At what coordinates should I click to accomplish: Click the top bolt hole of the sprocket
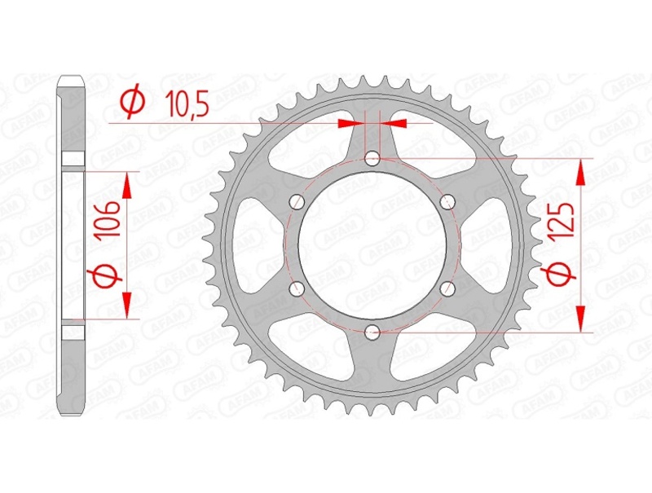coord(372,157)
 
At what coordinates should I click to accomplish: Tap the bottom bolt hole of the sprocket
coord(372,331)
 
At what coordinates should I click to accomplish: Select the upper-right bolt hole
coord(447,201)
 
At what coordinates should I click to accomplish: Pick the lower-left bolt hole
coord(297,287)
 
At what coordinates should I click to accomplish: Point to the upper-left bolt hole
coord(297,201)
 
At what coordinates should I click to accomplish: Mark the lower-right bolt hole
coord(447,287)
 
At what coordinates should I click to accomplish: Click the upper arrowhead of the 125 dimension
coord(581,171)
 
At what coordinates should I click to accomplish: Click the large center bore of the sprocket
coord(372,244)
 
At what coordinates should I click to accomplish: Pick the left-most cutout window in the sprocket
coord(253,244)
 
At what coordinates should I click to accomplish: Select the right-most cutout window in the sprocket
coord(491,244)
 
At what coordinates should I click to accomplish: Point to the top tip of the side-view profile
coord(71,78)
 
